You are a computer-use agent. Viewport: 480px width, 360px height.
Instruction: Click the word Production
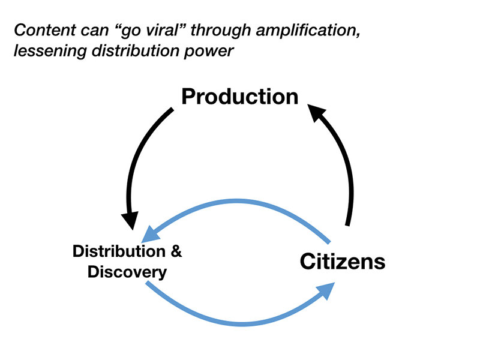(239, 97)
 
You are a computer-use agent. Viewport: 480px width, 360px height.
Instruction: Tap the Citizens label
(343, 262)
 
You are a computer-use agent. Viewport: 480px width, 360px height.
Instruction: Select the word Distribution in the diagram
(119, 251)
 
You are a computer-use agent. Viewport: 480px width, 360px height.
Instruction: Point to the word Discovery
(127, 272)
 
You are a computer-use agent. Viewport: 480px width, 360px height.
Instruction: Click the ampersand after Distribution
(176, 251)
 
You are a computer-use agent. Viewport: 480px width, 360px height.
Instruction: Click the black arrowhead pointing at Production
(316, 112)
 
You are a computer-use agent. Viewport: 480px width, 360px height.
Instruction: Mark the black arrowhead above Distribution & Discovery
(131, 220)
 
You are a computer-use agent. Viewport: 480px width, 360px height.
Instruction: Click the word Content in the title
(45, 30)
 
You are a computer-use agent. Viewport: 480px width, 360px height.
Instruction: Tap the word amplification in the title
(308, 31)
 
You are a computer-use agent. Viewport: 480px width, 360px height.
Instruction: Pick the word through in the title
(221, 31)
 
